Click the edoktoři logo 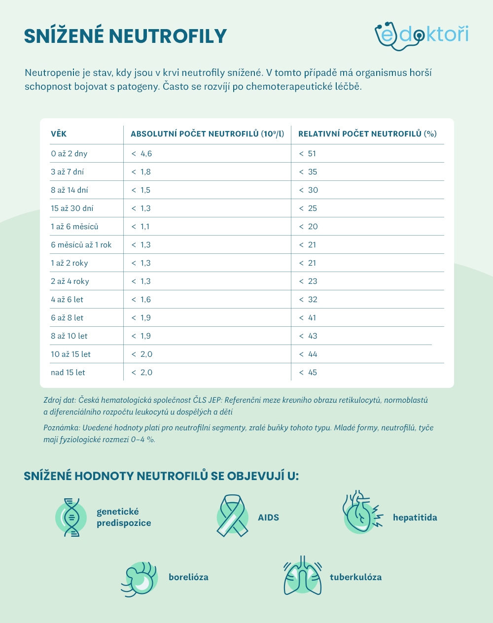click(421, 35)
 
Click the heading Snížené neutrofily click(125, 36)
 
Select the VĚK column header click(59, 134)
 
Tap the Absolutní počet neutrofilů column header click(207, 134)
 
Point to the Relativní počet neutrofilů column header click(367, 134)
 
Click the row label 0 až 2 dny click(69, 153)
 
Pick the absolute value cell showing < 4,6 click(141, 153)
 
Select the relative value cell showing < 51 click(308, 153)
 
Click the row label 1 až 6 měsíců click(74, 226)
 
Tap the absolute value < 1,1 click(141, 226)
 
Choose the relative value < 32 click(308, 299)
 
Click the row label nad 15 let click(68, 372)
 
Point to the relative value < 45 click(308, 372)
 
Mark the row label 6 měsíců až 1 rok click(81, 244)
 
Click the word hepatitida click(415, 518)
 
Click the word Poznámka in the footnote click(61, 427)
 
